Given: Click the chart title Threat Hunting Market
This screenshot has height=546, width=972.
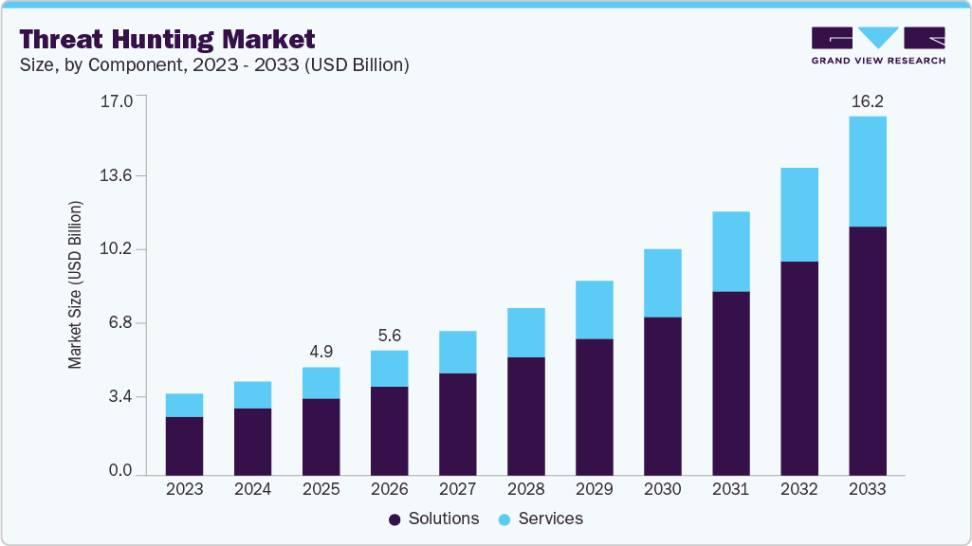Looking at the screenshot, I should click(167, 40).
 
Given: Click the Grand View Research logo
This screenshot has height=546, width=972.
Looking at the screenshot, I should click(878, 45).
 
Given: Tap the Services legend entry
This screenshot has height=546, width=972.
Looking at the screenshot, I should click(541, 519).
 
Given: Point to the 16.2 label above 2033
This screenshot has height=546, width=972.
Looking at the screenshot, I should click(867, 100).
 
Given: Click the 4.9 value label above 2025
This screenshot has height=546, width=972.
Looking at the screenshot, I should click(321, 352).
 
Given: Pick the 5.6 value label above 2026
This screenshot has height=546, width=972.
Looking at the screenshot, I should click(389, 335).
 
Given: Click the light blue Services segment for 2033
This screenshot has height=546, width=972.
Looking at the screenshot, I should click(867, 172).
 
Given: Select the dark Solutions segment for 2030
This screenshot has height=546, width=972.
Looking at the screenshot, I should click(662, 395).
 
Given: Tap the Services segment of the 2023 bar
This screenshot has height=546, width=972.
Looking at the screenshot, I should click(184, 405).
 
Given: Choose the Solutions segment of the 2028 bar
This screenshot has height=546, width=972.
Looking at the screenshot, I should click(525, 415).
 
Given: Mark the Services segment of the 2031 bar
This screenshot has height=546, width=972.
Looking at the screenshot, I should click(730, 251).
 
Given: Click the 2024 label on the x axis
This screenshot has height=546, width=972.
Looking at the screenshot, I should click(252, 490).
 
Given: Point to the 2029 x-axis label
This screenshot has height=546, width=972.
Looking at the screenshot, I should click(594, 490).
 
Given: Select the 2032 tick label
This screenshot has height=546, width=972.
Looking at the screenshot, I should click(798, 490).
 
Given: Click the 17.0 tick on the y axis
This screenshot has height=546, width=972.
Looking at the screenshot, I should click(118, 100).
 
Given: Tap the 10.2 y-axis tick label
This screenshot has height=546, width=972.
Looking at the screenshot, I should click(118, 249).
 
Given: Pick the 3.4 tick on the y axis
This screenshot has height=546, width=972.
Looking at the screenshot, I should click(121, 396).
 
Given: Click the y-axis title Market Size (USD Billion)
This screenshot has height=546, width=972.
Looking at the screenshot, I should click(75, 285).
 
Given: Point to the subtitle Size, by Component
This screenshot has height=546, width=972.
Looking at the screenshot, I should click(213, 65).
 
